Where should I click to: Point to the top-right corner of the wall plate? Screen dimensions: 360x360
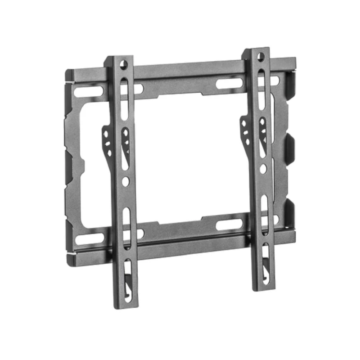pos(295,59)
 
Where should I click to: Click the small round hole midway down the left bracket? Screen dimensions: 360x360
pos(126,181)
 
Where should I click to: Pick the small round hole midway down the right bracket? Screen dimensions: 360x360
pos(264,169)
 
